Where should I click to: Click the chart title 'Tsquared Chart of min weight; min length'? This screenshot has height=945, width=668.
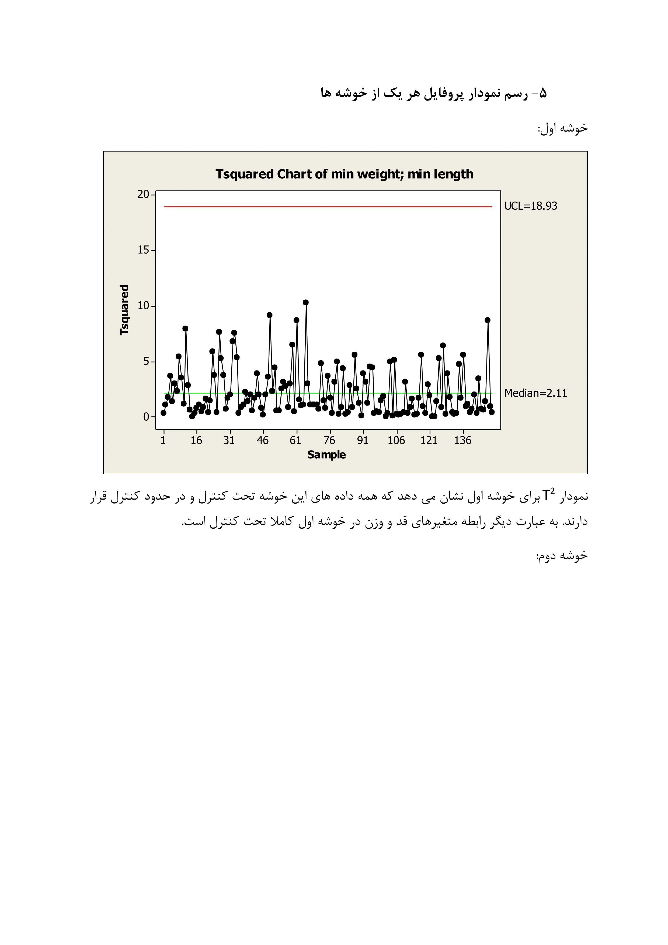pyautogui.click(x=344, y=174)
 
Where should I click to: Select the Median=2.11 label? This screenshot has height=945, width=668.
pyautogui.click(x=535, y=393)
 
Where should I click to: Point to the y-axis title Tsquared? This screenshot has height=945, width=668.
pyautogui.click(x=124, y=310)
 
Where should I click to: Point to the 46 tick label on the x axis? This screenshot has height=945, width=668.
pyautogui.click(x=262, y=440)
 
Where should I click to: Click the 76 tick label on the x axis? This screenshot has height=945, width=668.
pyautogui.click(x=329, y=440)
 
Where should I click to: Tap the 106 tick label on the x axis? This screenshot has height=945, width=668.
pyautogui.click(x=396, y=440)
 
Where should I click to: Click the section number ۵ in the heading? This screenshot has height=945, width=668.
pyautogui.click(x=542, y=94)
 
